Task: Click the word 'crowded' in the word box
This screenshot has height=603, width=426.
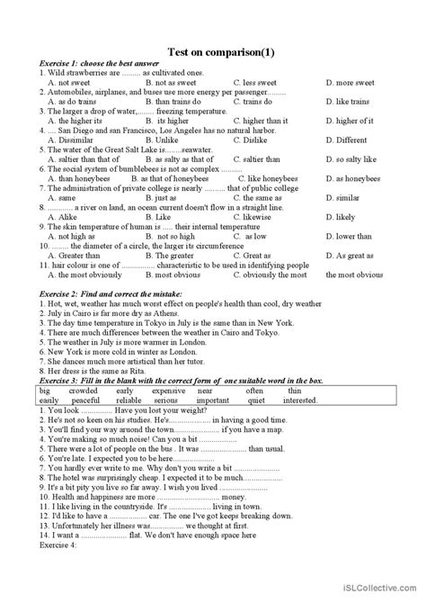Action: click(84, 391)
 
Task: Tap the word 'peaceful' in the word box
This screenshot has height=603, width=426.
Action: click(85, 400)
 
